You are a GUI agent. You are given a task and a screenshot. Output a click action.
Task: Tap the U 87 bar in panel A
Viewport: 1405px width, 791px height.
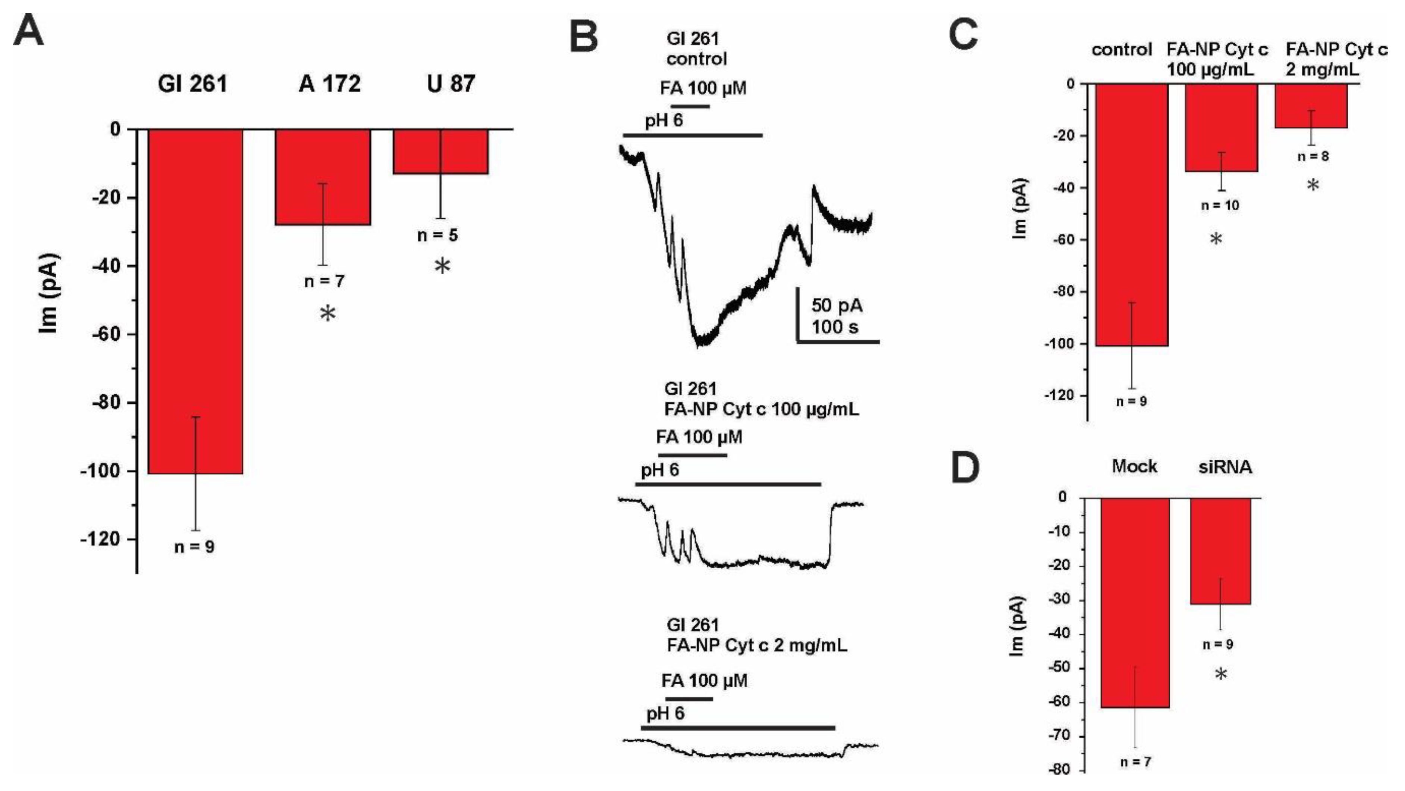point(441,151)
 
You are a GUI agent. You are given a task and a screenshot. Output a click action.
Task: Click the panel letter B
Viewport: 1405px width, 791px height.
point(584,37)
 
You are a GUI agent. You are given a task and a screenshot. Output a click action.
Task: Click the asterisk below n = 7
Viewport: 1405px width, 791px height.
point(328,314)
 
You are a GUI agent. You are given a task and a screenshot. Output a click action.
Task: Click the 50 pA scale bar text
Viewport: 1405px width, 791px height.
point(837,306)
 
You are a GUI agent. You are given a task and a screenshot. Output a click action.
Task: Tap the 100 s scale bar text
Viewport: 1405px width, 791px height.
point(834,327)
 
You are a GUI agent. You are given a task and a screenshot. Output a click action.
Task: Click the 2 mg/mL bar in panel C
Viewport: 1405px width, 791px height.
point(1311,106)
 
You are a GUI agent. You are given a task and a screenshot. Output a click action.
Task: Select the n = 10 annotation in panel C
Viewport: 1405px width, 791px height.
point(1220,206)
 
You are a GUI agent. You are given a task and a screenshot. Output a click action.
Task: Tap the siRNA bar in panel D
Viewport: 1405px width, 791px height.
point(1220,551)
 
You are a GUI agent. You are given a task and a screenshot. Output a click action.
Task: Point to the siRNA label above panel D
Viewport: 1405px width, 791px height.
point(1225,467)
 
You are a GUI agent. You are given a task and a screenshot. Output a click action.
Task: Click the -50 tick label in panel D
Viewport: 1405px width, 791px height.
point(1059,668)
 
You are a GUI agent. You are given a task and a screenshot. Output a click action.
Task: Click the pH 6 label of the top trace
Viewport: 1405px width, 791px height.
point(664,121)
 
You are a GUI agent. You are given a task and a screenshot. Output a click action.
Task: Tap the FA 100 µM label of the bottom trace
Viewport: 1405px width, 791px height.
point(704,681)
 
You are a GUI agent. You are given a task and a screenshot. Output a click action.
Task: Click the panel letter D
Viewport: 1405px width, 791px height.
point(965,468)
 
